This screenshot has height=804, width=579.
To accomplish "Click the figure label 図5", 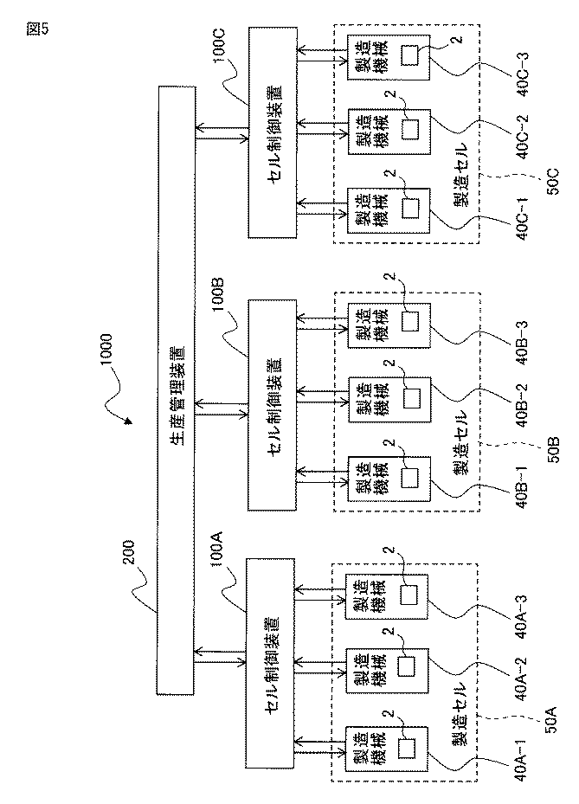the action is coord(37,29).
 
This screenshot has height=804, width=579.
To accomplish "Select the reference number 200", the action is coord(129,551).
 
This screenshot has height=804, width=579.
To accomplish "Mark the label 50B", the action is coord(554,449).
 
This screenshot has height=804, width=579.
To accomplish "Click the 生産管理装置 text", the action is coord(177,396).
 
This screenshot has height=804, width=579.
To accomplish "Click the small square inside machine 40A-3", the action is coord(409,595).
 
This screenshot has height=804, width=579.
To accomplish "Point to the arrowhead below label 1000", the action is coord(128,421).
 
